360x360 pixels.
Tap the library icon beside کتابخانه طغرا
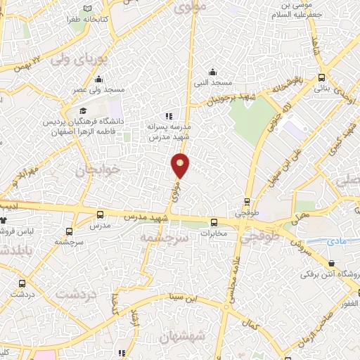(87, 8)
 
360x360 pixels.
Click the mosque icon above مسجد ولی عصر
(99, 79)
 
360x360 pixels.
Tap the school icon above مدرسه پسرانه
(168, 115)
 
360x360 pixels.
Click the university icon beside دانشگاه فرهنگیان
(83, 111)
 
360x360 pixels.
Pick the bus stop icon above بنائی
(321, 78)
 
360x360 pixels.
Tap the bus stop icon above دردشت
(22, 283)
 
